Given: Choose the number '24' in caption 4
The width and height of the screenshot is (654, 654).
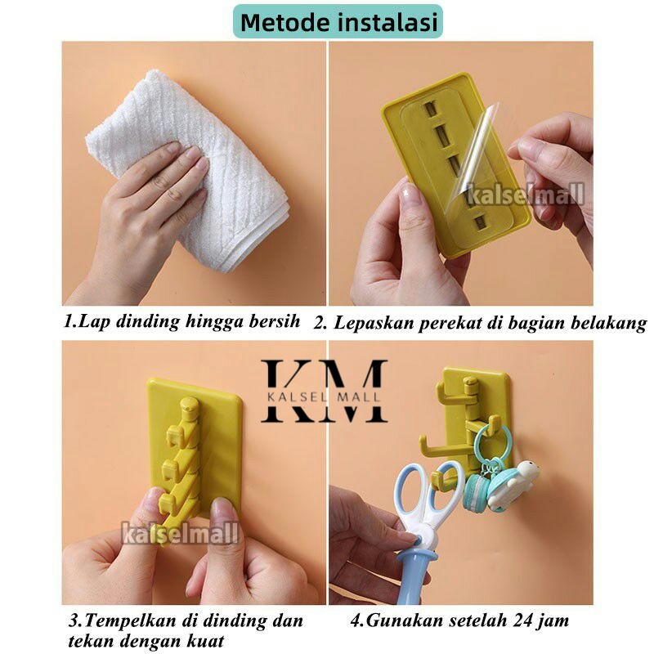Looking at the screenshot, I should point(507,620).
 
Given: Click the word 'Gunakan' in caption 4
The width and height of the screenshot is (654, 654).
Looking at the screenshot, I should point(403,620).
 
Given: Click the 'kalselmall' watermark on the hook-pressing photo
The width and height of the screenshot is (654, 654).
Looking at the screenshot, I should point(181,535).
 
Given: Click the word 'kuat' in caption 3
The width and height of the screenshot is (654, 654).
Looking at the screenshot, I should point(204,642).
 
